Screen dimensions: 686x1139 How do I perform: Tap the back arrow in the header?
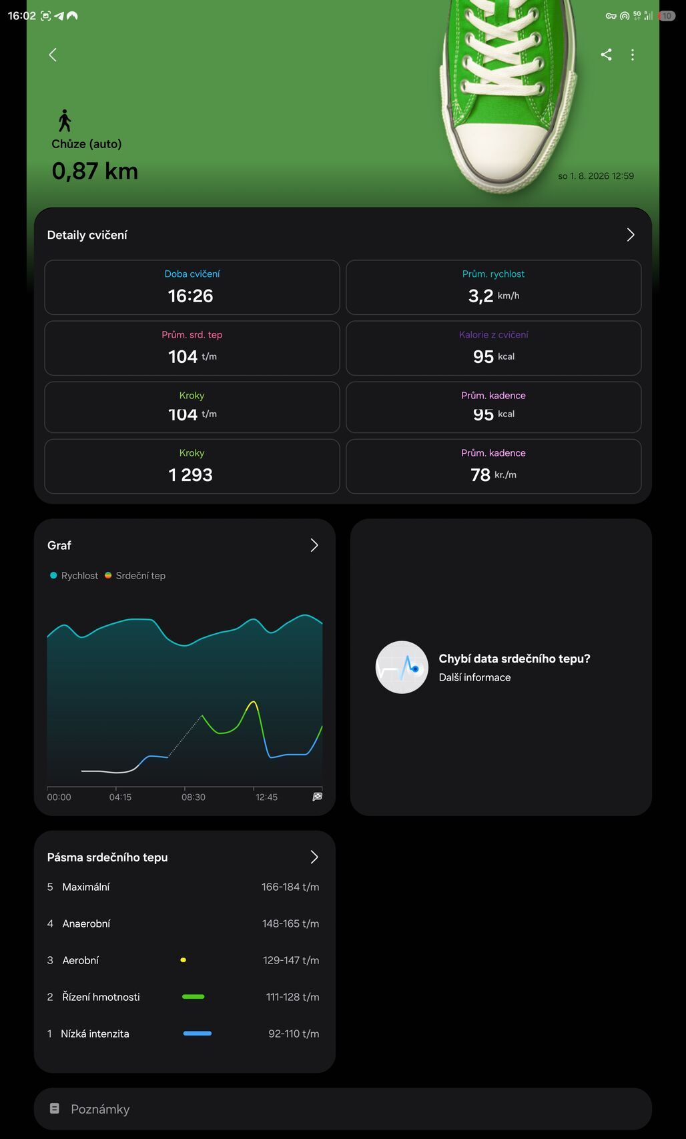52,55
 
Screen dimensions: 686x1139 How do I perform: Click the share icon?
606,55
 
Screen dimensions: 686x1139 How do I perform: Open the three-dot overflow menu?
633,55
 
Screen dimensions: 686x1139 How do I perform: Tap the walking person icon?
65,121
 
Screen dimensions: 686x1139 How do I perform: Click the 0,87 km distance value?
95,171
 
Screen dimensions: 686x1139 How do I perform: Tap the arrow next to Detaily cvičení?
631,234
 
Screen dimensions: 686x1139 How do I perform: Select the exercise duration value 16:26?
190,296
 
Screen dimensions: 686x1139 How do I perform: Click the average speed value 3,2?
480,296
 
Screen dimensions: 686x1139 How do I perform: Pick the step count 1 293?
190,475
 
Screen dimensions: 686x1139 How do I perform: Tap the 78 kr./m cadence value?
493,475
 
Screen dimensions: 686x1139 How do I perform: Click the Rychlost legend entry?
73,576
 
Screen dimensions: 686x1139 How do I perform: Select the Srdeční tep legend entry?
135,576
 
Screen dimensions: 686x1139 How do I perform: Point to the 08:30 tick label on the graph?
194,797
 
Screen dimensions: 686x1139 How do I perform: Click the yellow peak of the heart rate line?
252,703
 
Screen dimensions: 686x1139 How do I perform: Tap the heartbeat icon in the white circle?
402,667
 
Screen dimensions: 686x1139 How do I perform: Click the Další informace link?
474,677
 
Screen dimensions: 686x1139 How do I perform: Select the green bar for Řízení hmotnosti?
194,997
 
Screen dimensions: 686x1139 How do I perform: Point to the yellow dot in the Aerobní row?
183,960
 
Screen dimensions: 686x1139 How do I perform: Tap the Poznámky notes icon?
55,1108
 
